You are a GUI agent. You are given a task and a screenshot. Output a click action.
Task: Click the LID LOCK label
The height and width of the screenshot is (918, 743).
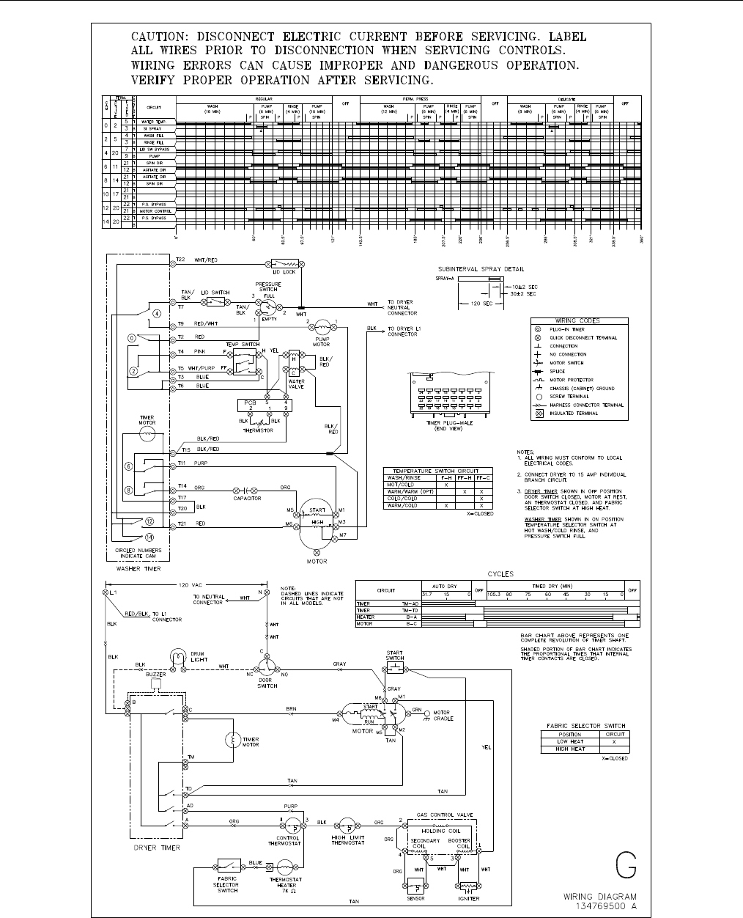[x=284, y=272]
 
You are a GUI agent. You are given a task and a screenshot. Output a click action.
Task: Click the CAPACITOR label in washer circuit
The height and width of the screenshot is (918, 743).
[x=247, y=499]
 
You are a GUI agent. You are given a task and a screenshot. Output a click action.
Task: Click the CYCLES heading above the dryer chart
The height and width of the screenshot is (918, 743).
[x=500, y=574]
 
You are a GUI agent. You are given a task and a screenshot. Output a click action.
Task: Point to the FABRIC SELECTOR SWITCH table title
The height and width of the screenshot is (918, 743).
[x=584, y=726]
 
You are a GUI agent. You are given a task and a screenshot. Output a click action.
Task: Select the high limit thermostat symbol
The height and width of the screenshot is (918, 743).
[x=347, y=825]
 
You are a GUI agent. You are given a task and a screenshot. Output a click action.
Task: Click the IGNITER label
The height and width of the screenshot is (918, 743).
[x=468, y=898]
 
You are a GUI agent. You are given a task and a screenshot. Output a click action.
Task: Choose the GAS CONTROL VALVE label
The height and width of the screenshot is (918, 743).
[x=445, y=815]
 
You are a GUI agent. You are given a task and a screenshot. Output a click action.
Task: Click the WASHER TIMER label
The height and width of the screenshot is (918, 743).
[x=138, y=569]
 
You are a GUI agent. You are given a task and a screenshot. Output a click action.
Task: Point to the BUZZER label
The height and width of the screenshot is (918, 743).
[x=155, y=675]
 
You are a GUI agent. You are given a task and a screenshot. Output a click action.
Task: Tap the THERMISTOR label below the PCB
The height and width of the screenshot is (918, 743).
[x=258, y=430]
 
